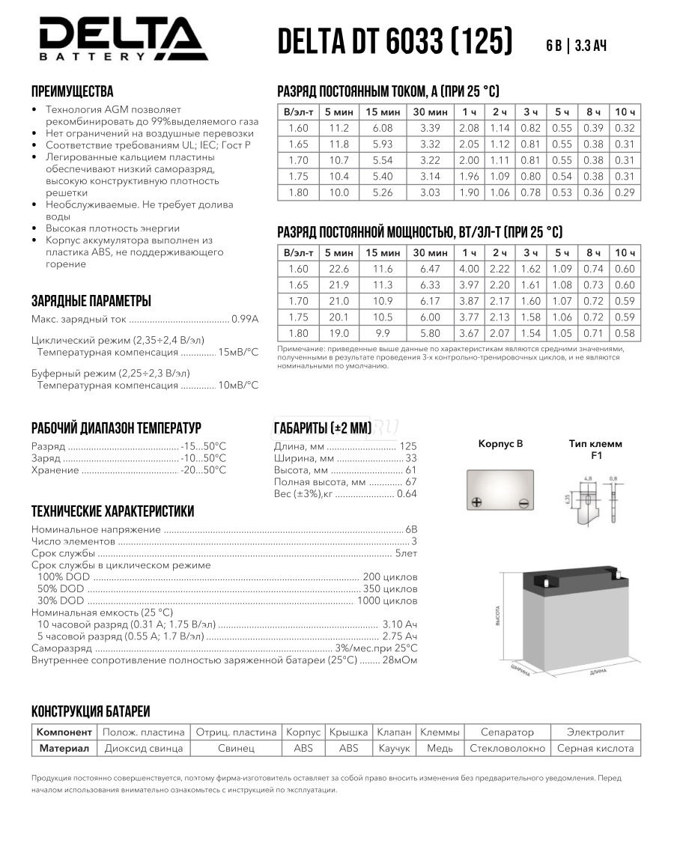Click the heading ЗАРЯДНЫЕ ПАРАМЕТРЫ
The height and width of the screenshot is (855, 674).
coord(91,301)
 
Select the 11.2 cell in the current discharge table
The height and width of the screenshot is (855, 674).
coord(339,128)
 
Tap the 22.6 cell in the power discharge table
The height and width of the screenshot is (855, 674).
coord(339,269)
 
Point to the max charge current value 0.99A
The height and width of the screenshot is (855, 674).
coord(245,319)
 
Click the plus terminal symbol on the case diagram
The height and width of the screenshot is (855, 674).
coord(476,502)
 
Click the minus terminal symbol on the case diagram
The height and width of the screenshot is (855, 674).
coord(524,502)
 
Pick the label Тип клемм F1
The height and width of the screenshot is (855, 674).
coord(595,449)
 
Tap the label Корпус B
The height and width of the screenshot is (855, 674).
coord(500,444)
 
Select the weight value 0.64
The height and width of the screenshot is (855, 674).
coord(407,494)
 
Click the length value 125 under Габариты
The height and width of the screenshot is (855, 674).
coord(408,446)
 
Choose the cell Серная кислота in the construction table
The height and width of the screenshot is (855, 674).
coord(595,748)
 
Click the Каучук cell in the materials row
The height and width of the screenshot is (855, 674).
coord(394,748)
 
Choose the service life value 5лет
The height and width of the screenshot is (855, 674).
coord(407,553)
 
